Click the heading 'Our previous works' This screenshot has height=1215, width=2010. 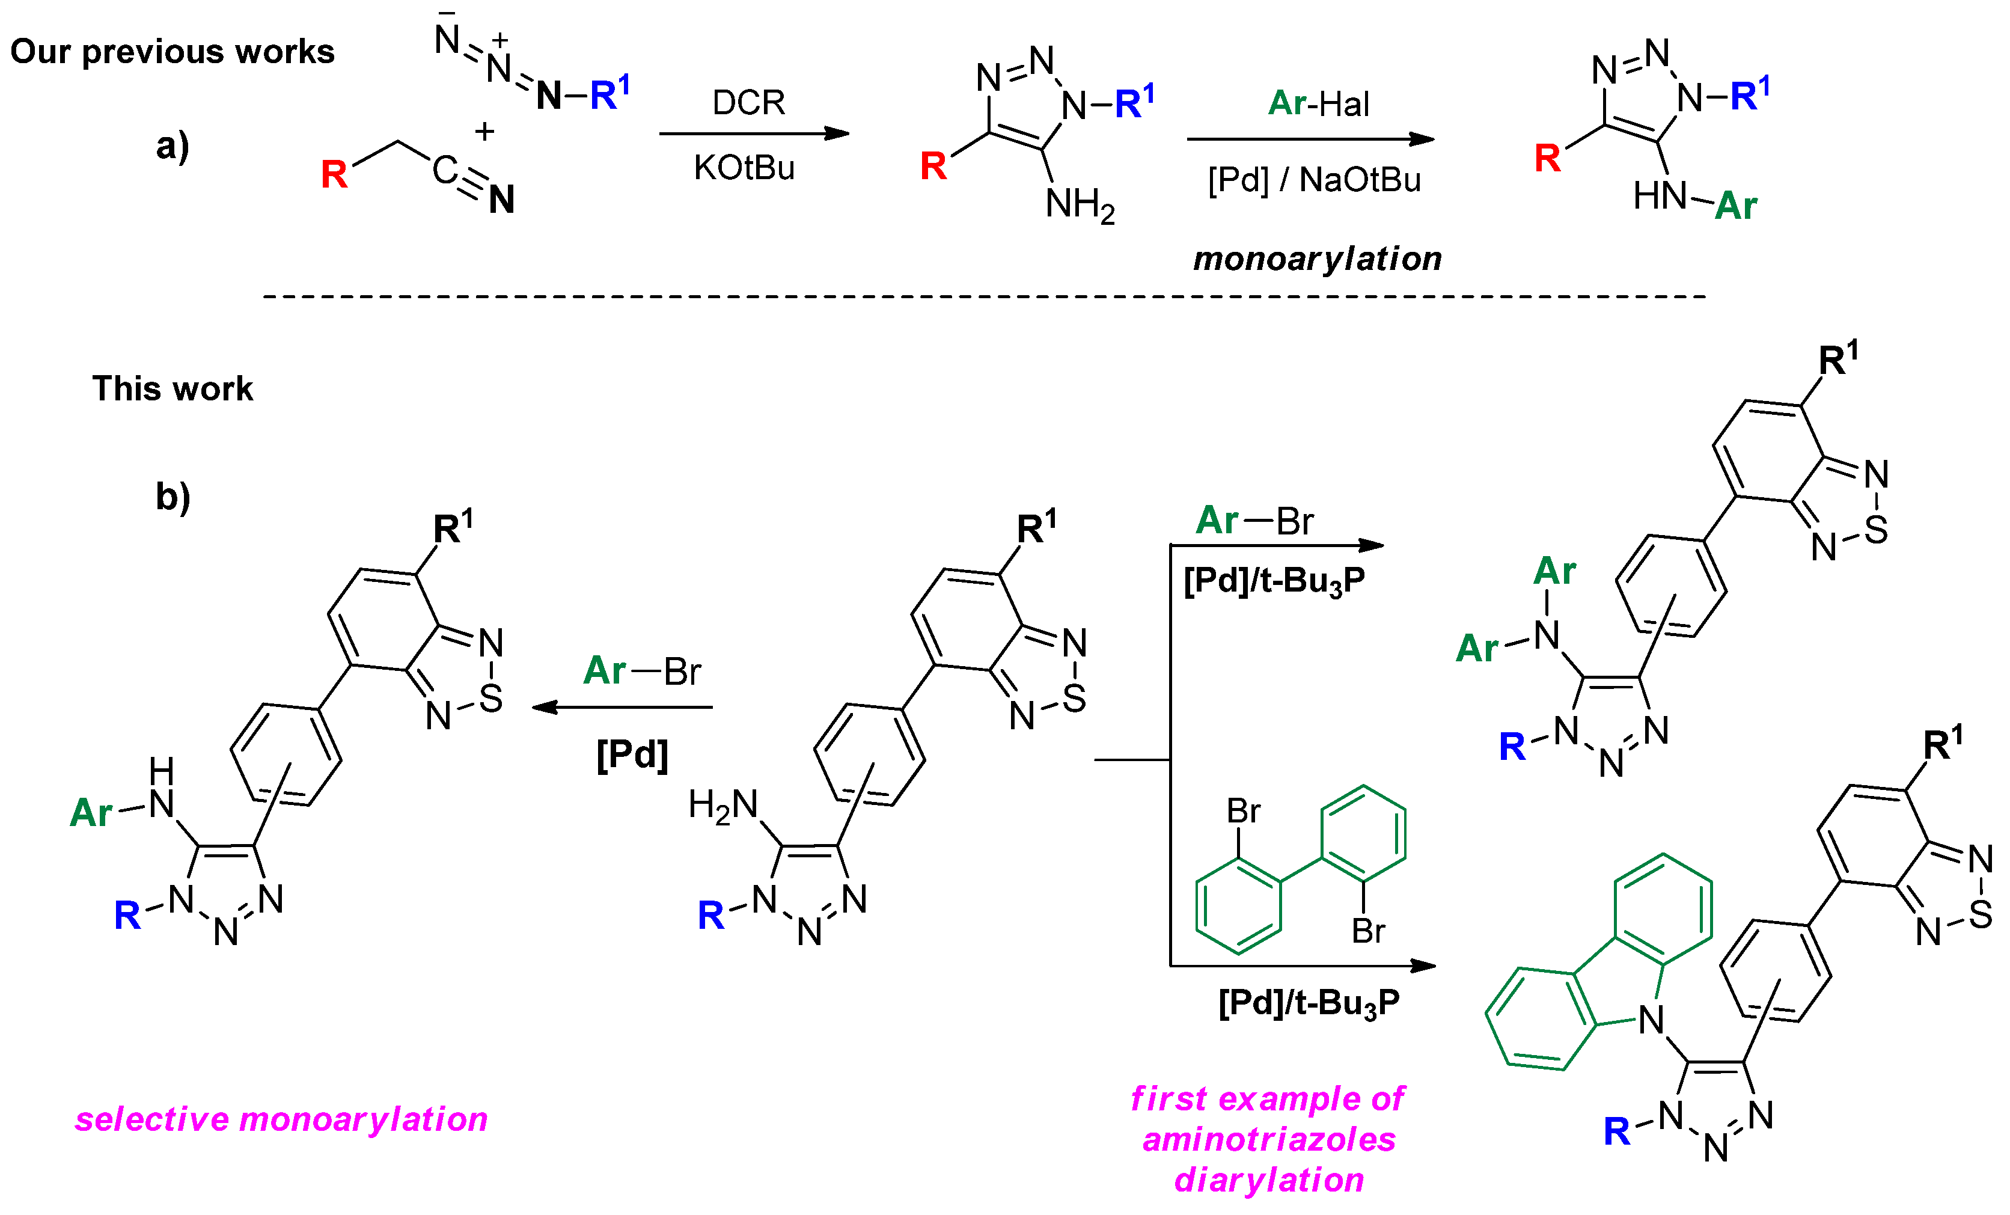(172, 52)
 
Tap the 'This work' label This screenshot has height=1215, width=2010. (172, 388)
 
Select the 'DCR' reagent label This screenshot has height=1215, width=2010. (748, 103)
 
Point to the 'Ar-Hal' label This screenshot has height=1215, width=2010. (1318, 103)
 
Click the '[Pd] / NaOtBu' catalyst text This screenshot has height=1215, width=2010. (1314, 180)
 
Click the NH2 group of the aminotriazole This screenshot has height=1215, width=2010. (1080, 204)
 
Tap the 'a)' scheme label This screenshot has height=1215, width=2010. (172, 147)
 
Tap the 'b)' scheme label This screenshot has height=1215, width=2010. (172, 496)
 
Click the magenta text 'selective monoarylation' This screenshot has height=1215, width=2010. (281, 1119)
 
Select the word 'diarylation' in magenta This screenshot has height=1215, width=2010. (1268, 1179)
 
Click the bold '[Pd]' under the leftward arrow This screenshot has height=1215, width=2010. (632, 754)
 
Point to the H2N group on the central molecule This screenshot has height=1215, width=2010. (722, 806)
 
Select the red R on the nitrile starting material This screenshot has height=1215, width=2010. (334, 174)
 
